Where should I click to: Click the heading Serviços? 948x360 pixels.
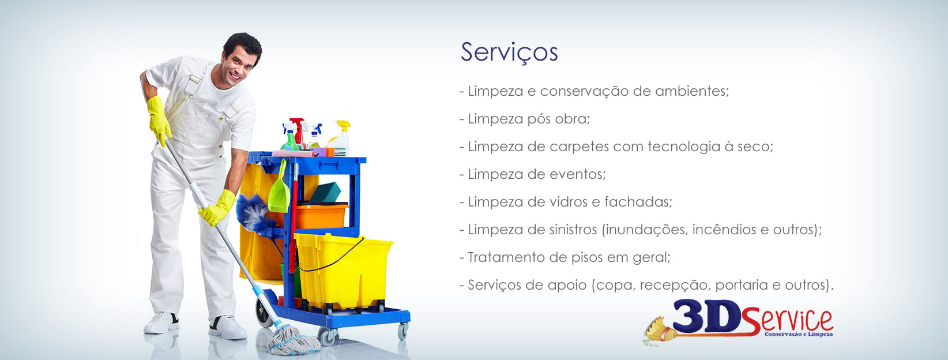point(509,52)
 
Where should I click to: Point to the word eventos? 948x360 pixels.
point(578,174)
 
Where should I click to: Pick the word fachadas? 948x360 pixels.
point(638,202)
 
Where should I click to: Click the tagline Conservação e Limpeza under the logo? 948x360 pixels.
point(799,334)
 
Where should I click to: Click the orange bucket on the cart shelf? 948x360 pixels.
point(322,216)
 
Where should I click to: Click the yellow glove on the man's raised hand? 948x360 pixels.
point(159,120)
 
